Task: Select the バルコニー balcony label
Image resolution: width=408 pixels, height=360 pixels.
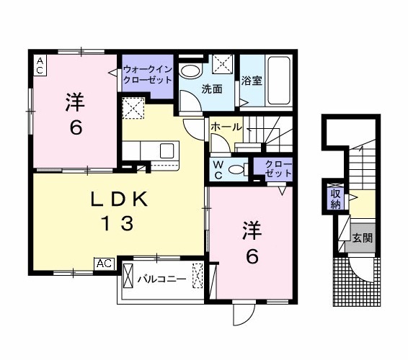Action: click(162, 278)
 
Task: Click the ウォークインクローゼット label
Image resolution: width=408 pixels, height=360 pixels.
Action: click(147, 75)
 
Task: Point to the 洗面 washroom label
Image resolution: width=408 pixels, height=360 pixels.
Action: click(211, 90)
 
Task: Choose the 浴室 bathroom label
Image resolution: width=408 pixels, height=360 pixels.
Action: click(252, 81)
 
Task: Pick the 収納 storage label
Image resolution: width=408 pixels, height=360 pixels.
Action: click(336, 199)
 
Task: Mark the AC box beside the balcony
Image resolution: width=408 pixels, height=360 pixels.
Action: click(104, 265)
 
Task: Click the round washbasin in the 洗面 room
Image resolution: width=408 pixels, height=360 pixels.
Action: click(191, 71)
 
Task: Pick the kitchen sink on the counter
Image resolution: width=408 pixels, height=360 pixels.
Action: click(167, 151)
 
